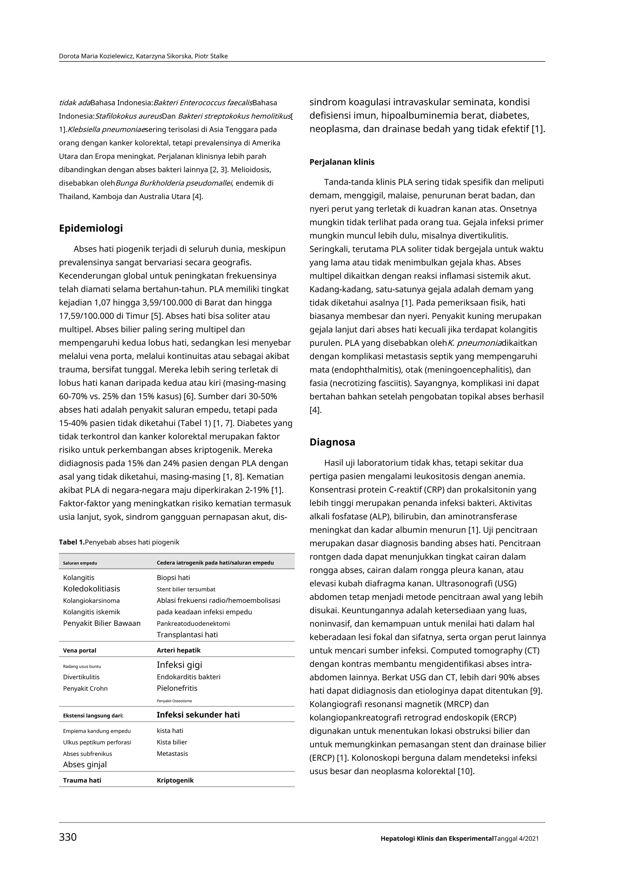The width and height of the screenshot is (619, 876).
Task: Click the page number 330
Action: tap(68, 837)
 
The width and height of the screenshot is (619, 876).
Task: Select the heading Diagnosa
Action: tap(332, 442)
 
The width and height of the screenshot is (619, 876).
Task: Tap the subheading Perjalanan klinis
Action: tap(342, 162)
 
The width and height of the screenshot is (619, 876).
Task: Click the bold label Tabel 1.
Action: tap(71, 542)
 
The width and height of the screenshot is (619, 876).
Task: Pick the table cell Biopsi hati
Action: tap(173, 578)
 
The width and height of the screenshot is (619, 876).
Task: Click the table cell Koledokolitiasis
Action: tap(92, 589)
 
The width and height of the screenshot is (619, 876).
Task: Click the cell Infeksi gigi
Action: tap(179, 665)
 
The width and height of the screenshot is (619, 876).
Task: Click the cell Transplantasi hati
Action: tap(187, 635)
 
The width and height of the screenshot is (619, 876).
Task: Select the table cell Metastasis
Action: tap(172, 753)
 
